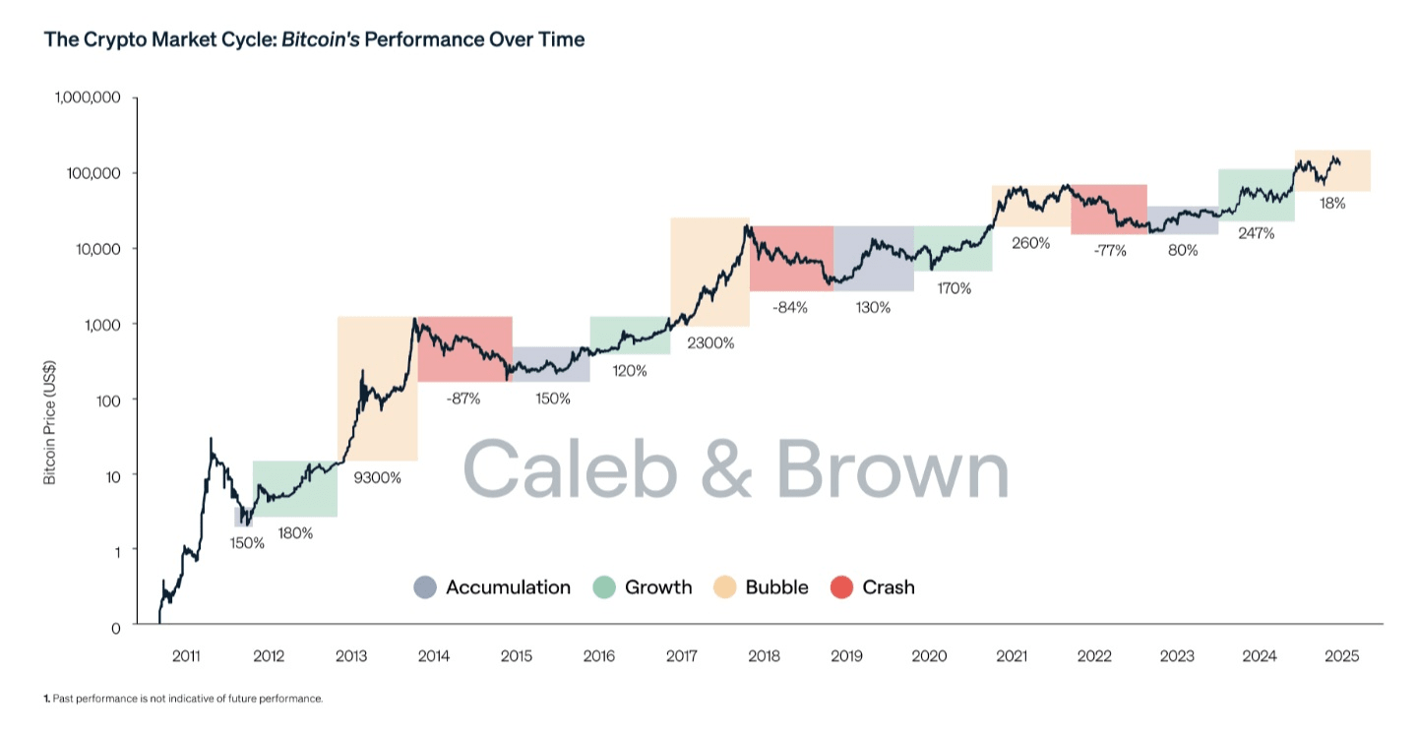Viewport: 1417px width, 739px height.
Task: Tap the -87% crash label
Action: (462, 399)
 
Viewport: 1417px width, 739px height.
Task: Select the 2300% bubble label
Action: (710, 343)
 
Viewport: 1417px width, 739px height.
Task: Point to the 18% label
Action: (1332, 204)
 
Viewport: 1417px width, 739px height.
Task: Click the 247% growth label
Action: (1257, 233)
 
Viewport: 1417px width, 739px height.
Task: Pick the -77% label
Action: (1109, 250)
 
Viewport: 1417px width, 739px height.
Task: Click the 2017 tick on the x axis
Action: (682, 656)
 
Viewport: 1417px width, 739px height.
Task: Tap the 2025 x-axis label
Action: (1342, 656)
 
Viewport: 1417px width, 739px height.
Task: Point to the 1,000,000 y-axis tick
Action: (88, 97)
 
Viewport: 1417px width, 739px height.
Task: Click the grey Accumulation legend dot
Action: (425, 587)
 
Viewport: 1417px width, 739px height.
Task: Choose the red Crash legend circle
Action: (842, 587)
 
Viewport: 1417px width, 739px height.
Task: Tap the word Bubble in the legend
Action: (776, 587)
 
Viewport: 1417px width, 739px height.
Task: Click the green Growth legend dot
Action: (604, 587)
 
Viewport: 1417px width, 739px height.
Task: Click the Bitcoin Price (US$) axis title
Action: (49, 423)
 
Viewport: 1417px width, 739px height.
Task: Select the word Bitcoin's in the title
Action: (321, 40)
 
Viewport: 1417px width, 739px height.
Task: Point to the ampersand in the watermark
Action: (726, 469)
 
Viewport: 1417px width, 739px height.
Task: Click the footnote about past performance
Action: (183, 699)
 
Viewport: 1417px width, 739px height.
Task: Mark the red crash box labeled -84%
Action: (791, 258)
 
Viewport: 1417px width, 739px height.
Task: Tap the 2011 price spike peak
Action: (211, 439)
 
